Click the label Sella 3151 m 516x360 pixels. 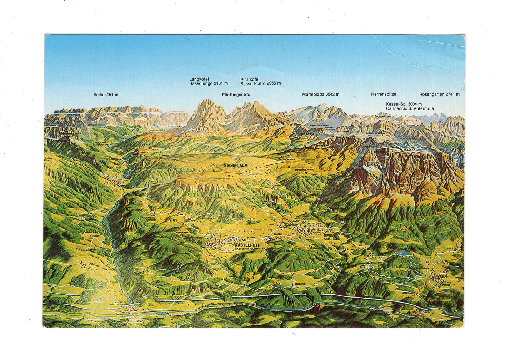point(106,95)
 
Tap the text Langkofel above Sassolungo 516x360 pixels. point(199,79)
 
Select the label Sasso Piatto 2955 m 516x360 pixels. point(260,83)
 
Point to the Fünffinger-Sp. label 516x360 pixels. point(236,95)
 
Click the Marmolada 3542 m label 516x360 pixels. point(320,95)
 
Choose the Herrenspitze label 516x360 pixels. point(383,95)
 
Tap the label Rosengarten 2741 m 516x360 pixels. point(439,95)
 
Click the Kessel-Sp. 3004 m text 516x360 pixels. point(404,104)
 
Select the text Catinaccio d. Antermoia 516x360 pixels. point(410,108)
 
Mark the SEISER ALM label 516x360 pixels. point(236,166)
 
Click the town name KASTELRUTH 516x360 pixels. point(247,245)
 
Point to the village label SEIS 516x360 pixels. point(327,236)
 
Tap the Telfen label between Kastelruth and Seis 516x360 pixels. point(278,234)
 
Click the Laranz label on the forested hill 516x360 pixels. point(290,251)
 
